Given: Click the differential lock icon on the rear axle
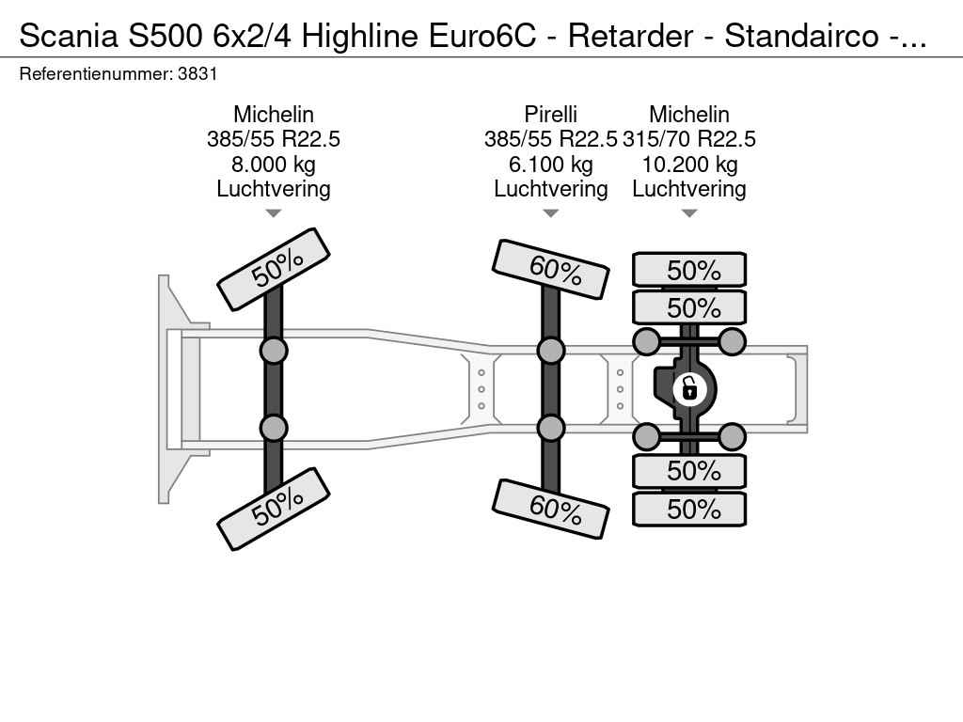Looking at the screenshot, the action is (689, 388).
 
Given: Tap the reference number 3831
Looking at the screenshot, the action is (197, 74).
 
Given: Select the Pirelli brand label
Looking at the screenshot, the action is (550, 114).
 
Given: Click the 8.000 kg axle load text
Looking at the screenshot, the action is (274, 165).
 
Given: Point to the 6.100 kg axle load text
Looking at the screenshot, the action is (550, 165).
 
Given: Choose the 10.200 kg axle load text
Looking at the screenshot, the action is (689, 165).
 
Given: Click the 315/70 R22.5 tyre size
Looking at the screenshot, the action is (689, 139).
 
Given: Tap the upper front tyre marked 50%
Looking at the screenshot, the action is (274, 269).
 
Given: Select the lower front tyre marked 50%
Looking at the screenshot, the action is (274, 509).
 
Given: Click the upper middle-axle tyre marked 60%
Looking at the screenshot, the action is (551, 269).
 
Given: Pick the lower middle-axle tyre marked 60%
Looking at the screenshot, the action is (551, 509).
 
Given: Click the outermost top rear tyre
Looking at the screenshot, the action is (689, 270).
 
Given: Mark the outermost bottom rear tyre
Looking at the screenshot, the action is (689, 509).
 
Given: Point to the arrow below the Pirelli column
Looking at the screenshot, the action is (550, 213).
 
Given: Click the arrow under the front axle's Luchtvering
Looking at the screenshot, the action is (274, 213).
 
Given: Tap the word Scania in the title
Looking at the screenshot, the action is (69, 37).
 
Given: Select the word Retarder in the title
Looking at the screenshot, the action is (630, 37).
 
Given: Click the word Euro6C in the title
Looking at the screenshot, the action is (482, 37).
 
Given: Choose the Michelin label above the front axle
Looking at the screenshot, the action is (274, 114).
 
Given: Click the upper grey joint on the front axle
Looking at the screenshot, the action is (274, 352).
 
